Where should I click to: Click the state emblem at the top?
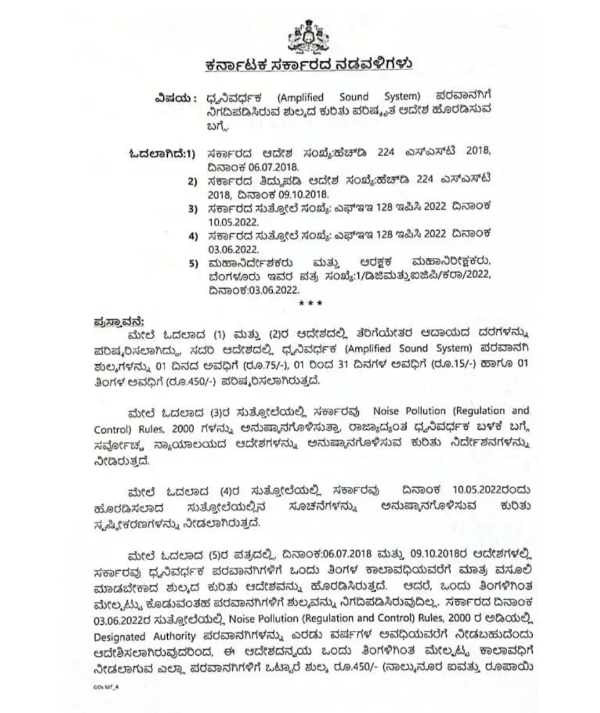pos(308,36)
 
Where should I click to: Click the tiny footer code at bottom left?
pos(106,687)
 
